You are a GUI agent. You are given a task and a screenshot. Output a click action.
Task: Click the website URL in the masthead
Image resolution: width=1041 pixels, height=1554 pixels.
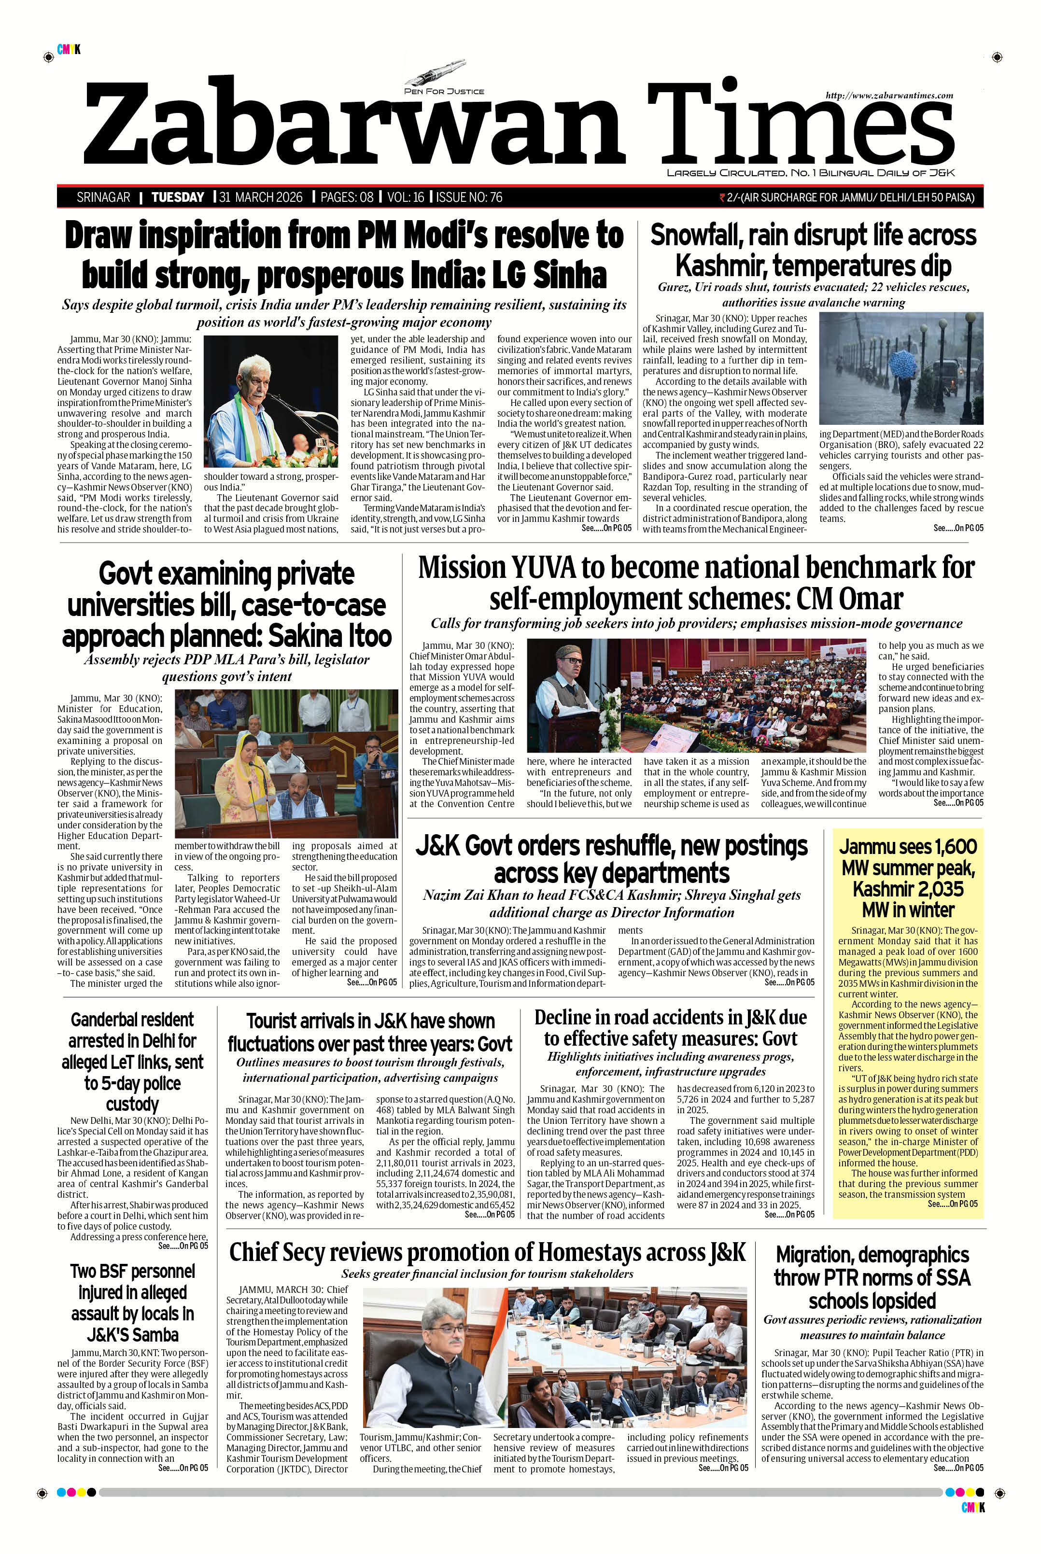pos(889,96)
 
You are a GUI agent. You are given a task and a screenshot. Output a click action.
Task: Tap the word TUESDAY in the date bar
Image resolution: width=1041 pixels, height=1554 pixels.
pos(177,197)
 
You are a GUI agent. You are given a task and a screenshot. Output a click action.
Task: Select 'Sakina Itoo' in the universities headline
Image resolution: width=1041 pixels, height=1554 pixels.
pos(330,635)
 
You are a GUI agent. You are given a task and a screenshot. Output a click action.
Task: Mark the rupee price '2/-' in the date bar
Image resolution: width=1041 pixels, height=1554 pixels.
pos(733,197)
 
